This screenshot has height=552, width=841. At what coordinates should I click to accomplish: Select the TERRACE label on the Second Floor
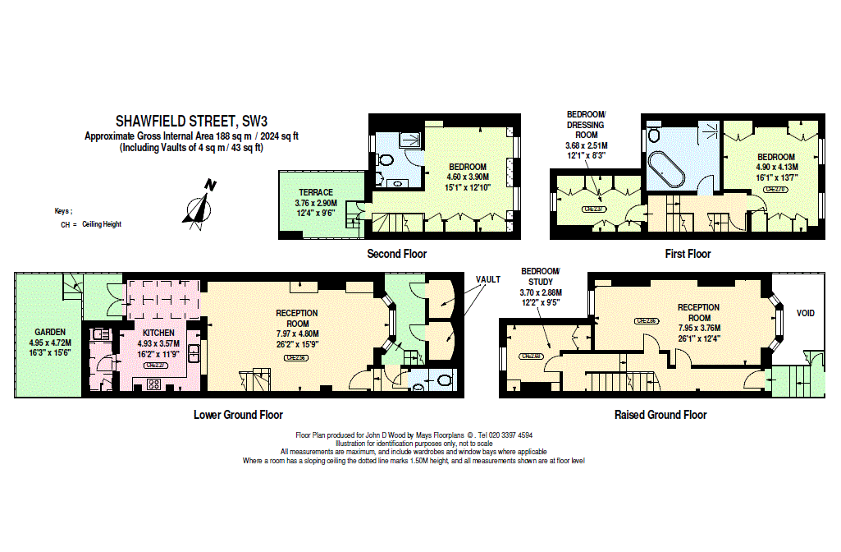tap(316, 192)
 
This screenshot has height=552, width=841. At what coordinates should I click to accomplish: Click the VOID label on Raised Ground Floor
tap(806, 313)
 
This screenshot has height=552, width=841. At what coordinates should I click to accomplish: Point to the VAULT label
tap(487, 279)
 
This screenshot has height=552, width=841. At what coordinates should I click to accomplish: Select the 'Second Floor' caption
tap(396, 254)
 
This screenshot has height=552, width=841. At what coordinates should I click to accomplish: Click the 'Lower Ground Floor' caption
tap(238, 415)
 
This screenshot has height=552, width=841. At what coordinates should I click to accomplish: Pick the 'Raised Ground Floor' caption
tap(660, 415)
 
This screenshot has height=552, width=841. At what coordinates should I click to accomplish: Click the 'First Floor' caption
tap(688, 254)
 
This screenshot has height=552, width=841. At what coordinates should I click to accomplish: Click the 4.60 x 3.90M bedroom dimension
tap(468, 177)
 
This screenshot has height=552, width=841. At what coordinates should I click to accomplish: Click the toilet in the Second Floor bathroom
tap(386, 160)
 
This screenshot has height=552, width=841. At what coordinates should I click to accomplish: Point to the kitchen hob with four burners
tap(154, 389)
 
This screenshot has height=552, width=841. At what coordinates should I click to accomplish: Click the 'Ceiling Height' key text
tap(101, 224)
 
